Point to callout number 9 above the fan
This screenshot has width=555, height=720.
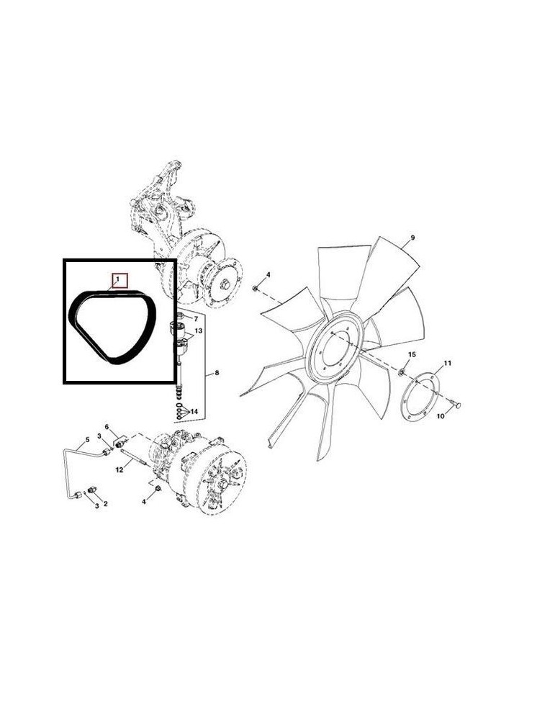point(412,238)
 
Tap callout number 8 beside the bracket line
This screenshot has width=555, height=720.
point(217,373)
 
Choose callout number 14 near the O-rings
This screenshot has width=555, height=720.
point(194,411)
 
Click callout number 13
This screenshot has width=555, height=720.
point(198,330)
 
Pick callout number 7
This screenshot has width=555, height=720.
point(196,318)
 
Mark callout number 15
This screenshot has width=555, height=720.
point(412,354)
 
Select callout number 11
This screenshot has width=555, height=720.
point(448,363)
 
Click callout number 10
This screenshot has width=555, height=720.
point(441,416)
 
